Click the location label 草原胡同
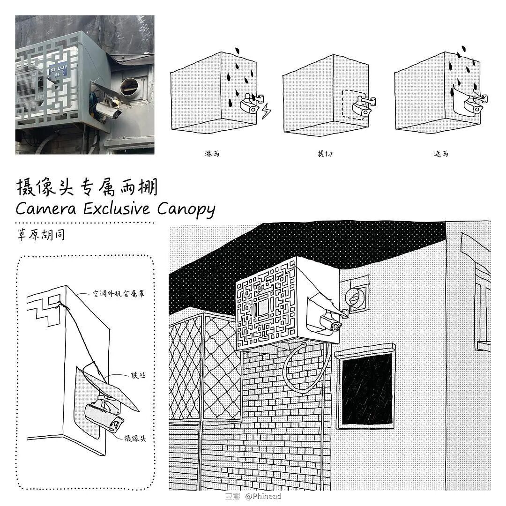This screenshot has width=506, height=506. [x=40, y=234]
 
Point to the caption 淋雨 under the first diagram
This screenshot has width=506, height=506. [x=212, y=153]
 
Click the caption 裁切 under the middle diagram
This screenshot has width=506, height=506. [x=324, y=153]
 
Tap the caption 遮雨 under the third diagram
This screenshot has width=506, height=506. [x=440, y=153]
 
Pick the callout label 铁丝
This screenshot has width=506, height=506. [x=137, y=375]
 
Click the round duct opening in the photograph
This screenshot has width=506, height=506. [x=130, y=87]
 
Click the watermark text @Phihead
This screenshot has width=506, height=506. [x=263, y=496]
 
